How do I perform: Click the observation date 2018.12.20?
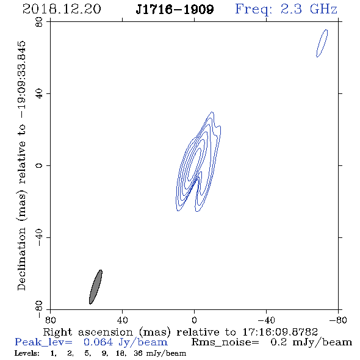[x=62, y=9]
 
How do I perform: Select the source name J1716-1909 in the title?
[x=175, y=10]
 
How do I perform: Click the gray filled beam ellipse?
[x=96, y=287]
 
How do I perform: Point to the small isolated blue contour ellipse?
[x=322, y=43]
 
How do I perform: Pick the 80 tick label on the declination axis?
[x=39, y=22]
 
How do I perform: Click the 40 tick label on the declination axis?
[x=39, y=94]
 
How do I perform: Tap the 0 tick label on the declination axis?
[x=39, y=165]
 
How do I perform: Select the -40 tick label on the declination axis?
[x=39, y=237]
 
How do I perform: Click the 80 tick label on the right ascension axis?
[x=50, y=320]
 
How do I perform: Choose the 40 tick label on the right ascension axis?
[x=122, y=320]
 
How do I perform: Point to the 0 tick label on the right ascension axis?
[x=194, y=320]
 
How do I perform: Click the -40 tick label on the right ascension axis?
[x=266, y=320]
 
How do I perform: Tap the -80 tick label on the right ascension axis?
[x=338, y=320]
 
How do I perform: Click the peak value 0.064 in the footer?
[x=98, y=342]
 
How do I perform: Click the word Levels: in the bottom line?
[x=27, y=353]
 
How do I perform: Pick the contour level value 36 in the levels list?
[x=139, y=353]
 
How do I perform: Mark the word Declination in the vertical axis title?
[x=21, y=259]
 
